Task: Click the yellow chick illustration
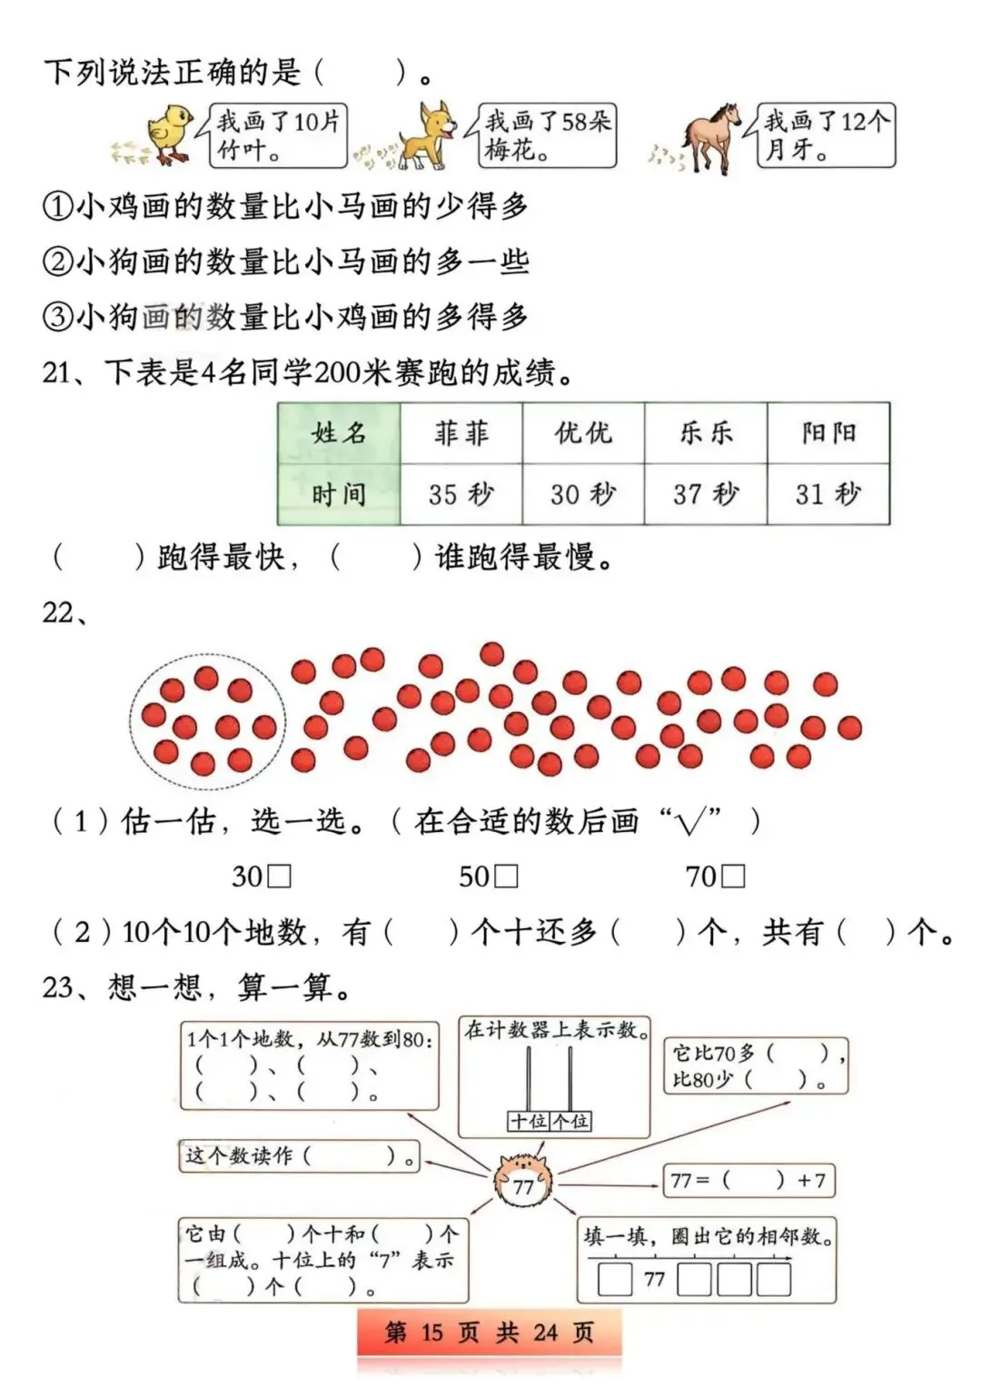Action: point(168,134)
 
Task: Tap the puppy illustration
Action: point(426,136)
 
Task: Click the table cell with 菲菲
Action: point(461,433)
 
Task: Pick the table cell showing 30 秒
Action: point(583,494)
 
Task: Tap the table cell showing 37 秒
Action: point(706,494)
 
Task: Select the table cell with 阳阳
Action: point(828,433)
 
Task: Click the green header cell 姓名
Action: point(339,433)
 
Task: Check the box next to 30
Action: point(281,877)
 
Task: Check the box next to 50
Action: point(507,877)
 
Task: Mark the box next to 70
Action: point(734,877)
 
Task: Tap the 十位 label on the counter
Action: point(529,1122)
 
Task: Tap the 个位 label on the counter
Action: point(571,1122)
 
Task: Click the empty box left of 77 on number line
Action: point(615,1280)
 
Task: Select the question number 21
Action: point(56,372)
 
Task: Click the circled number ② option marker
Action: point(56,263)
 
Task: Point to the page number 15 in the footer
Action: point(431,1333)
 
